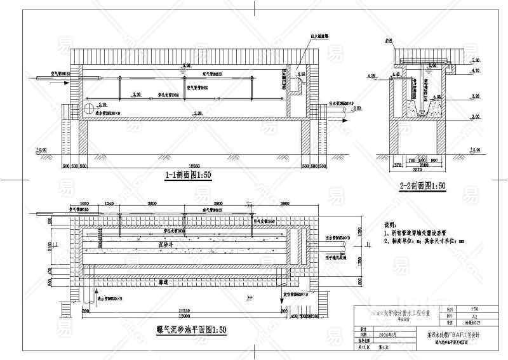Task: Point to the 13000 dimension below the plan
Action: point(186,316)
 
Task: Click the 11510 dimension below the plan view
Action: point(185,309)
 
